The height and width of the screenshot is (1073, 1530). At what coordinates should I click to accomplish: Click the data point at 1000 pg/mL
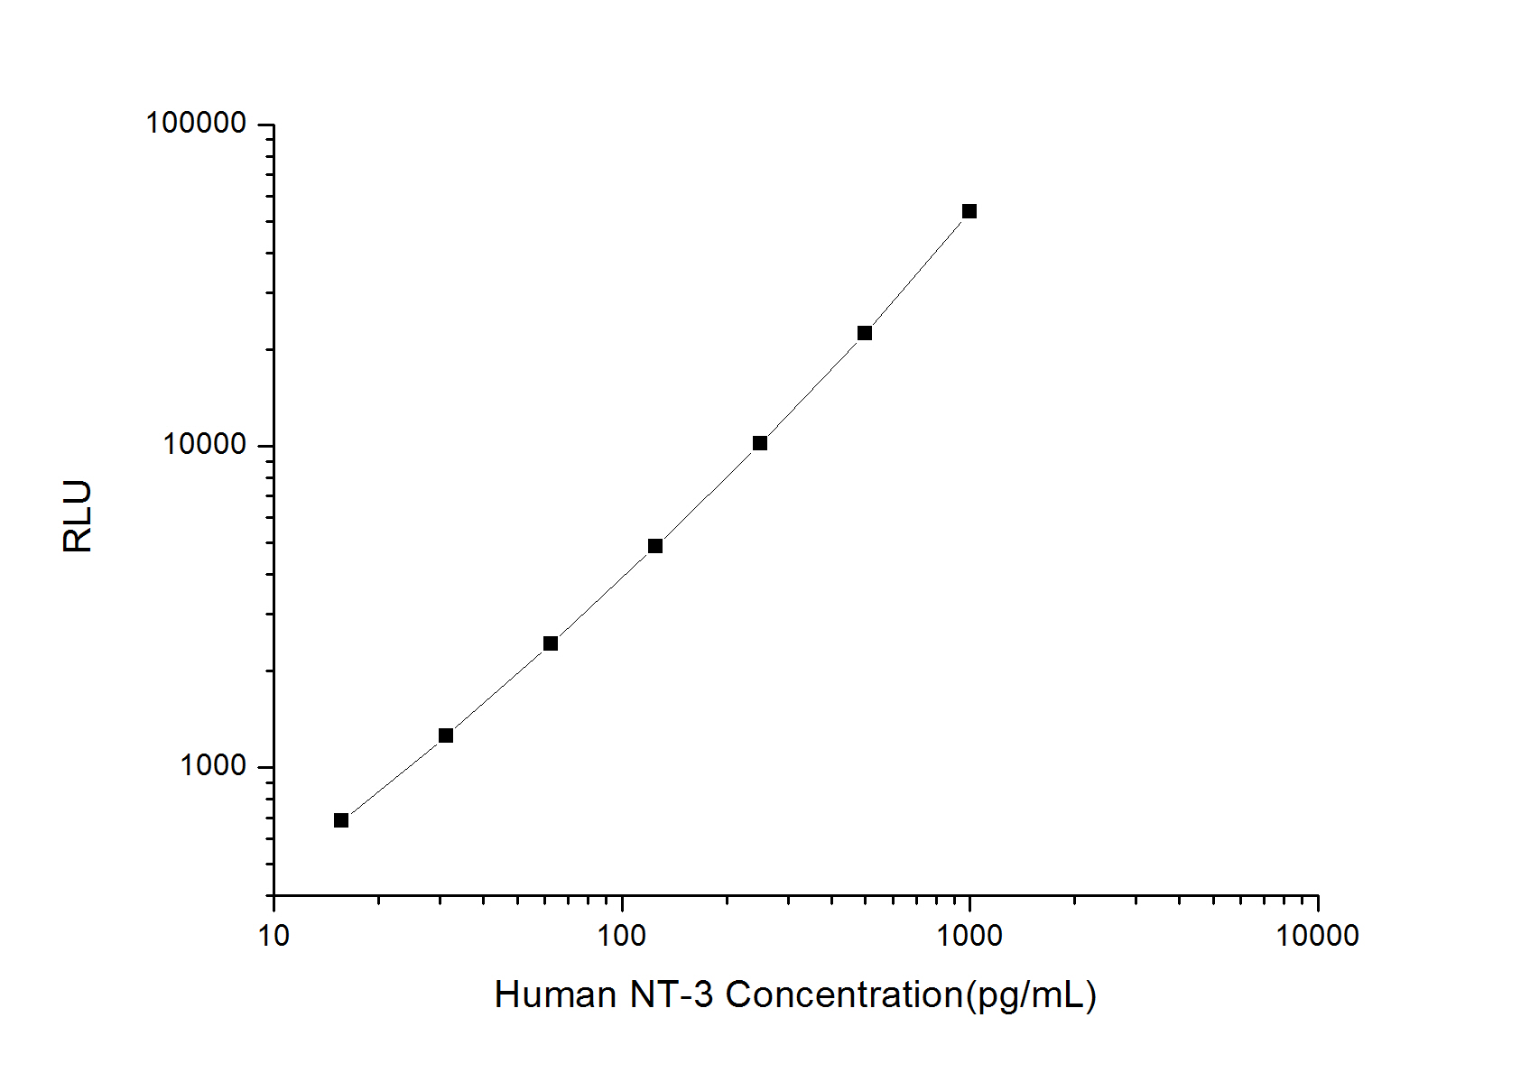pos(969,211)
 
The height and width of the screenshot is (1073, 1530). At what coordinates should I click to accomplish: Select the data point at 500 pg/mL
pos(864,333)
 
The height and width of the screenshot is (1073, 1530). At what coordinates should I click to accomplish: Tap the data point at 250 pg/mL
pos(759,443)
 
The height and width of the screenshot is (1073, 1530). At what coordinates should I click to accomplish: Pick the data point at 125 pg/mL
pos(654,546)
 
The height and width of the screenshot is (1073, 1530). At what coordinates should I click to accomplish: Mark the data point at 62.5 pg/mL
pos(550,643)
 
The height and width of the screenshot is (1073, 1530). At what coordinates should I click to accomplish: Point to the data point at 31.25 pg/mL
pos(445,735)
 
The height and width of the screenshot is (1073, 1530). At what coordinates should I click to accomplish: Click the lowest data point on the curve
pos(340,820)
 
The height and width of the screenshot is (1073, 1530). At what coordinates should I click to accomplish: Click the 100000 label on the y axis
pos(196,123)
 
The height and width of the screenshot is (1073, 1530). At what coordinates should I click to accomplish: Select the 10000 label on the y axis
pos(204,444)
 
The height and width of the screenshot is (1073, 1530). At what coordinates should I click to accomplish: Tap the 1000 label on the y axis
pos(212,765)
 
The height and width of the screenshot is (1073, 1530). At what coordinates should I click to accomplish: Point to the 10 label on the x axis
pos(274,936)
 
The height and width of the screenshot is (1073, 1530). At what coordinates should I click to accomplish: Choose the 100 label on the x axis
pos(621,936)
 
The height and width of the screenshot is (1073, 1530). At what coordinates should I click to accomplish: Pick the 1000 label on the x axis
pos(969,936)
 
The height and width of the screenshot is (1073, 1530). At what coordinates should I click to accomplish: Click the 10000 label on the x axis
pos(1317,936)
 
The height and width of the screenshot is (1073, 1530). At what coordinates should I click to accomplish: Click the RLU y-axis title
pos(78,516)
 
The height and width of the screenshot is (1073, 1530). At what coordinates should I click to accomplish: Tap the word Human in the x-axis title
pos(555,994)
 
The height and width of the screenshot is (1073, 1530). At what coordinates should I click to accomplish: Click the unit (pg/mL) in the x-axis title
pos(1031,995)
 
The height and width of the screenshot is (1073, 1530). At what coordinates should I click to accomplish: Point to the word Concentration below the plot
pos(844,994)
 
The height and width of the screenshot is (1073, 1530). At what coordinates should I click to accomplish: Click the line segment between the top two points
pos(915,273)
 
